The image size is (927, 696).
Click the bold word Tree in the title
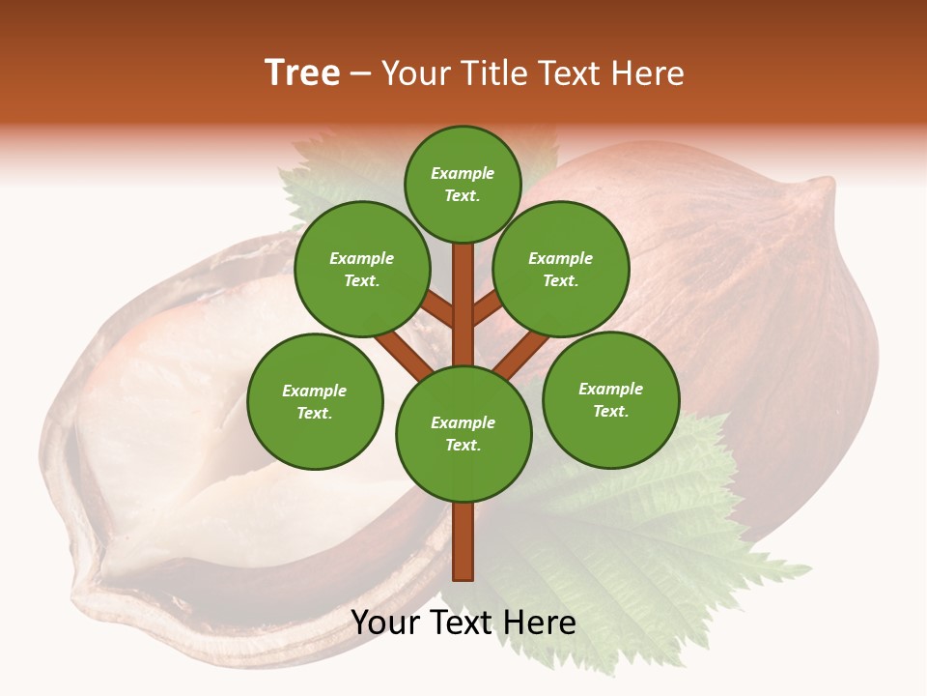pyautogui.click(x=302, y=73)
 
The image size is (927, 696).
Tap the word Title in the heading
pyautogui.click(x=489, y=73)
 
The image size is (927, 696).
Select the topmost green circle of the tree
pyautogui.click(x=463, y=184)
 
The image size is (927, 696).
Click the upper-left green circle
pyautogui.click(x=361, y=269)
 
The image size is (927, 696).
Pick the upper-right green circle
pyautogui.click(x=560, y=269)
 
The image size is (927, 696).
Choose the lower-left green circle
pyautogui.click(x=314, y=401)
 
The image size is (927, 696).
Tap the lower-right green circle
pyautogui.click(x=610, y=399)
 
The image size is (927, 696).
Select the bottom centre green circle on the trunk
pyautogui.click(x=463, y=433)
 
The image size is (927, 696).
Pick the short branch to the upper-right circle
pyautogui.click(x=487, y=307)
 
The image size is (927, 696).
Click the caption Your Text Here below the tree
pyautogui.click(x=463, y=623)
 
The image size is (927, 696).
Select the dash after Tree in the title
pyautogui.click(x=360, y=74)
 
